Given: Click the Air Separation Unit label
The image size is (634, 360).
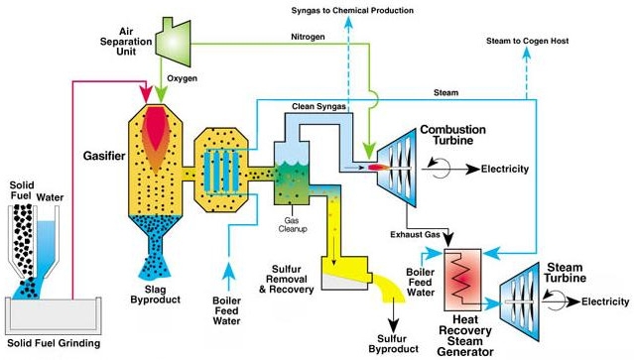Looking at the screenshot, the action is tap(126, 42).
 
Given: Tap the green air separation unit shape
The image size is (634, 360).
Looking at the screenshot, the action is tap(173, 42).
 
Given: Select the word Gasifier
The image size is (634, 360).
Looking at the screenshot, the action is tap(104, 156).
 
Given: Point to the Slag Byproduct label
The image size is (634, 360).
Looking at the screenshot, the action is tap(155, 295).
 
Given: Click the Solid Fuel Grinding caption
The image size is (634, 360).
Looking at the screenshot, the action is tap(54, 343).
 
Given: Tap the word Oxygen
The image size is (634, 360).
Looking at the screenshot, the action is tap(183, 78).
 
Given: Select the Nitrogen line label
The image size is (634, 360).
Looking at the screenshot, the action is tap(308, 37).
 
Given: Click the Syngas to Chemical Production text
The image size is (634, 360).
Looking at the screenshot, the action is tap(352, 10).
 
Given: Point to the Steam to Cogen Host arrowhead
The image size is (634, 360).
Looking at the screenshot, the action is tap(526, 53).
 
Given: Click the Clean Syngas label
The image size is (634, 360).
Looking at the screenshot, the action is tap(318, 107).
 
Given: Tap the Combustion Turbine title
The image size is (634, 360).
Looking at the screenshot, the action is tap(452, 135).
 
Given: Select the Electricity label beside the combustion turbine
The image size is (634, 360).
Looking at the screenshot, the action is tap(505, 169).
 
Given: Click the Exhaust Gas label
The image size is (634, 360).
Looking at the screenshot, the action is tap(415, 234).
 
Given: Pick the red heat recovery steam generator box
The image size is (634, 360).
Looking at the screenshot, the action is tap(462, 280).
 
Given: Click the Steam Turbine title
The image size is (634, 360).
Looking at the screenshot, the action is tap(565, 273).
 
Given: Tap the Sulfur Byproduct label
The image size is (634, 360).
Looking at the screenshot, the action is tap(394, 344).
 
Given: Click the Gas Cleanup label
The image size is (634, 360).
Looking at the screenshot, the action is tap(293, 225).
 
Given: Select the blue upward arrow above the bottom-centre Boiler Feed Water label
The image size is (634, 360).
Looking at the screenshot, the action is tap(228, 277).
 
